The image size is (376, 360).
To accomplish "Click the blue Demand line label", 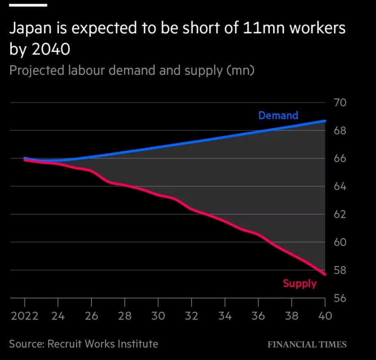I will pyautogui.click(x=278, y=116).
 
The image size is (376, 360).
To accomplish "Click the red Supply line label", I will pyautogui.click(x=299, y=283).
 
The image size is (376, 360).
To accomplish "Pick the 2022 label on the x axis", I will pyautogui.click(x=25, y=316).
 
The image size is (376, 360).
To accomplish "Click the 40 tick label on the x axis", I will pyautogui.click(x=325, y=316).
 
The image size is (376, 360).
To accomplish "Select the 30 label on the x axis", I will pyautogui.click(x=158, y=316).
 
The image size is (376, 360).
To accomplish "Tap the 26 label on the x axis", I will pyautogui.click(x=91, y=316).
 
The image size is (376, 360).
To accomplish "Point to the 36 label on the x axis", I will pyautogui.click(x=258, y=316).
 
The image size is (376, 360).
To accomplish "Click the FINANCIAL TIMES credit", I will pyautogui.click(x=307, y=344).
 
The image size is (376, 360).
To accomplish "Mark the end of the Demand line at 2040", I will pyautogui.click(x=325, y=121).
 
